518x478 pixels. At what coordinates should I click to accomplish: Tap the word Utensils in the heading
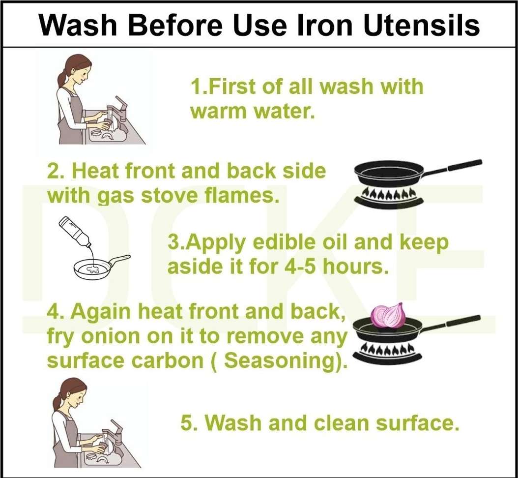coord(422,25)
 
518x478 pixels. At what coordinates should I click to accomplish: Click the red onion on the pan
coord(387,315)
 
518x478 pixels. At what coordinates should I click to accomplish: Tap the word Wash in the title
coord(78,25)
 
